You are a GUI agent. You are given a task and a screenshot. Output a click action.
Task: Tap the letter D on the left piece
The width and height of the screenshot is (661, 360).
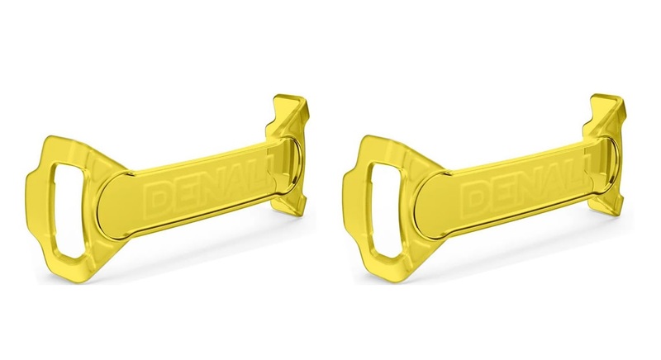(157, 197)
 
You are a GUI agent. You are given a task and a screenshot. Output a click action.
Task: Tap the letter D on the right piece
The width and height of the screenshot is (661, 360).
(473, 197)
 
